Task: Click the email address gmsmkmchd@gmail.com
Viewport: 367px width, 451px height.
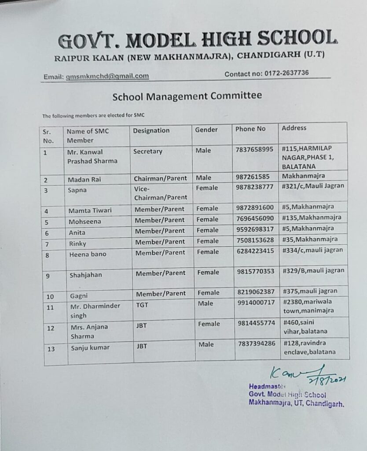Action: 107,76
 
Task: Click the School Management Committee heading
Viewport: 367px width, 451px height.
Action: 187,96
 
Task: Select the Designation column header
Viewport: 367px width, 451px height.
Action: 151,130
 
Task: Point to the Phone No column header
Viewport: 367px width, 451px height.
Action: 250,129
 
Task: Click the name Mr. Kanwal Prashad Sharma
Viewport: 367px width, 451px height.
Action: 92,156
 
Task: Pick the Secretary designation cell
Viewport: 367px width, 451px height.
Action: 148,151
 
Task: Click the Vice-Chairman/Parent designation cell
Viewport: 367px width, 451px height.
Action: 160,192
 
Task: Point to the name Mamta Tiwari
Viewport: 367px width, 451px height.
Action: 90,210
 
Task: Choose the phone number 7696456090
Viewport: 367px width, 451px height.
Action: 254,218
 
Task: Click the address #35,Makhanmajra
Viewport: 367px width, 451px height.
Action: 310,239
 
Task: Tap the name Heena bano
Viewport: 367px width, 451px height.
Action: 87,254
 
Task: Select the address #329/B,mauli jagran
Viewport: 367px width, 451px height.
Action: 313,270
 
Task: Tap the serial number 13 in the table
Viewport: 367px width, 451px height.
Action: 51,349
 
